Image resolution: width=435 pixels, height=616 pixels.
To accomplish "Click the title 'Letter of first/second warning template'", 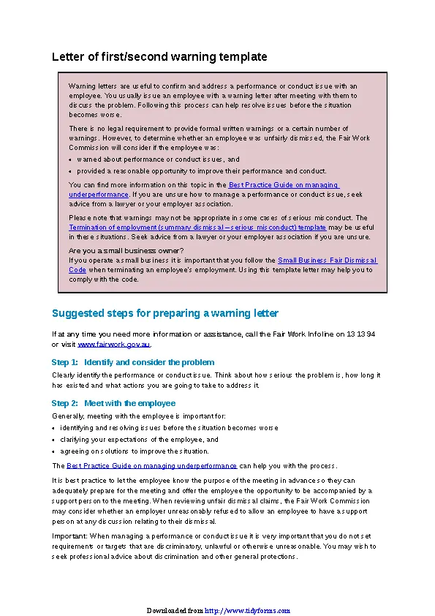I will click(159, 56).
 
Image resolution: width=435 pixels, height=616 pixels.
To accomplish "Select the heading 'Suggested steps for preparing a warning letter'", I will click(165, 313).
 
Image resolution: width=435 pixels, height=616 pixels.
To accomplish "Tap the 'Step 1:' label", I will click(64, 362).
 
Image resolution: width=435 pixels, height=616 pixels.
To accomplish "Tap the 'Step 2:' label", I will click(64, 403).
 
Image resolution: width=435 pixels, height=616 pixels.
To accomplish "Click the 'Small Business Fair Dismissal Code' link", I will click(327, 260).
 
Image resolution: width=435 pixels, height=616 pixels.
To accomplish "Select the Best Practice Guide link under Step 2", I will click(152, 465).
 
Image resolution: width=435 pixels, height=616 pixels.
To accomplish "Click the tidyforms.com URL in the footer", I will click(247, 610).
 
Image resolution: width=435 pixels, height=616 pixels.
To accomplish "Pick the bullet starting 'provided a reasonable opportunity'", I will click(202, 170).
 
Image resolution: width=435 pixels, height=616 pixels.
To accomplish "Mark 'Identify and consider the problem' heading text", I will click(149, 362).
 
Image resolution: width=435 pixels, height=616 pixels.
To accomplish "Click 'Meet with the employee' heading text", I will click(129, 403).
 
